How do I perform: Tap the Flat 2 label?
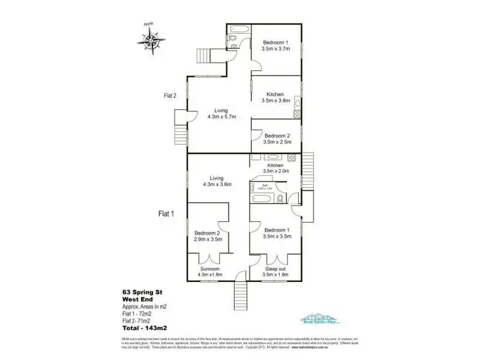[x=170, y=97]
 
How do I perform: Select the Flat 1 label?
[x=166, y=214]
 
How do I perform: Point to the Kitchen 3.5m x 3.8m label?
[x=276, y=97]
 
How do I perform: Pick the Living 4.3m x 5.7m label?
[x=221, y=114]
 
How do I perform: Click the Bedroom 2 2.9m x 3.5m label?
[x=207, y=236]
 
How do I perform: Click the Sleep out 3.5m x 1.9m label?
[x=277, y=272]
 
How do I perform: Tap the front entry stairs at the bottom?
[x=241, y=293]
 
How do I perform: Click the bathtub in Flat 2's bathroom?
[x=240, y=29]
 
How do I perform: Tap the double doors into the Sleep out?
[x=277, y=260]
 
